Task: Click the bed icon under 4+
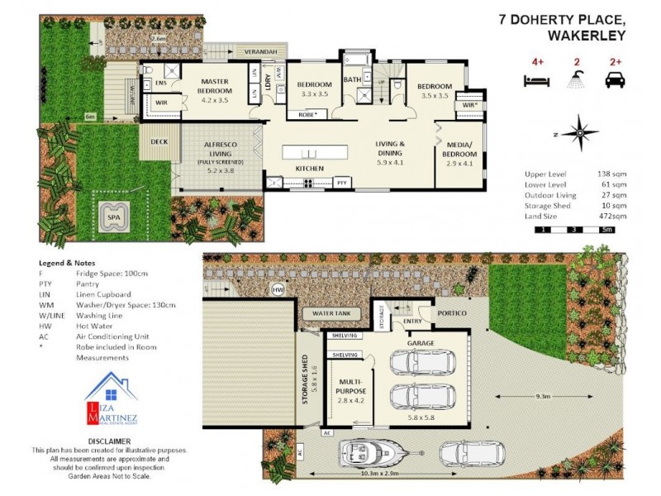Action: [x=537, y=80]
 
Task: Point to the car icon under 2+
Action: [x=615, y=80]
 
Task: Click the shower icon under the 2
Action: [x=576, y=80]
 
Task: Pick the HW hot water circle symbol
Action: [x=278, y=289]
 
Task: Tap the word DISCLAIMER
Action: [x=109, y=441]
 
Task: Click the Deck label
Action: [x=159, y=141]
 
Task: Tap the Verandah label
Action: [x=260, y=52]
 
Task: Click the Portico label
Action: [x=452, y=313]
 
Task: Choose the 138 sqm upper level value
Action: [x=610, y=174]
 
